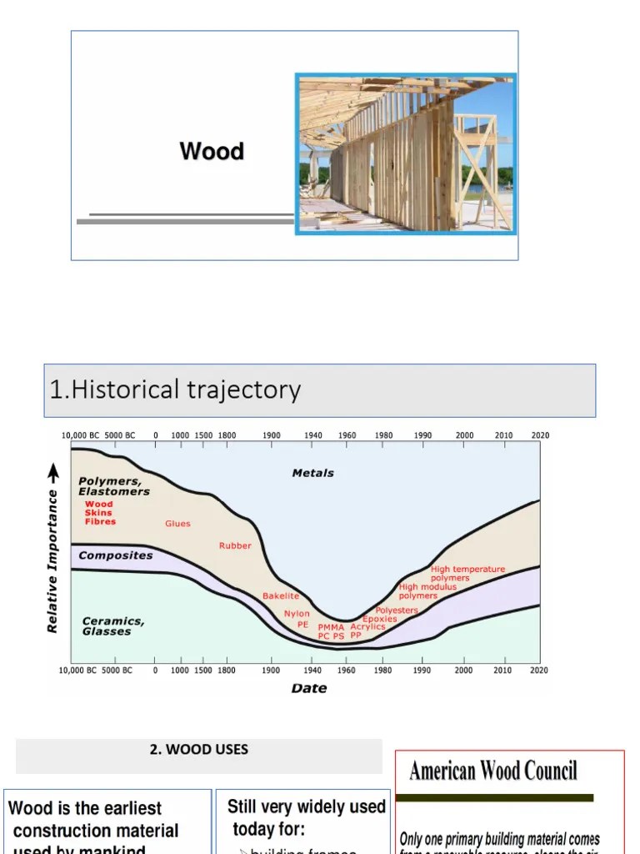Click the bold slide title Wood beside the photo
click(212, 151)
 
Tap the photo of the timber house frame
click(406, 153)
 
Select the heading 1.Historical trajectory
click(175, 389)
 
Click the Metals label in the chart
click(312, 473)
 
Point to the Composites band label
click(115, 555)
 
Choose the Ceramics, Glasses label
click(112, 626)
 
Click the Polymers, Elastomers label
click(114, 486)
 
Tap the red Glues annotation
click(177, 524)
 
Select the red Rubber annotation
click(235, 545)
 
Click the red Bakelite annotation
click(281, 596)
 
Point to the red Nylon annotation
click(297, 614)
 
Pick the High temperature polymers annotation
click(467, 574)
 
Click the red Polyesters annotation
click(397, 610)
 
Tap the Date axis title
click(309, 688)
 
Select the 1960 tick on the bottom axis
click(347, 670)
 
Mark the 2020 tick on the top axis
click(538, 435)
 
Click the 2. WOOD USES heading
click(199, 749)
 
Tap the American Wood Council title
click(492, 771)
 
